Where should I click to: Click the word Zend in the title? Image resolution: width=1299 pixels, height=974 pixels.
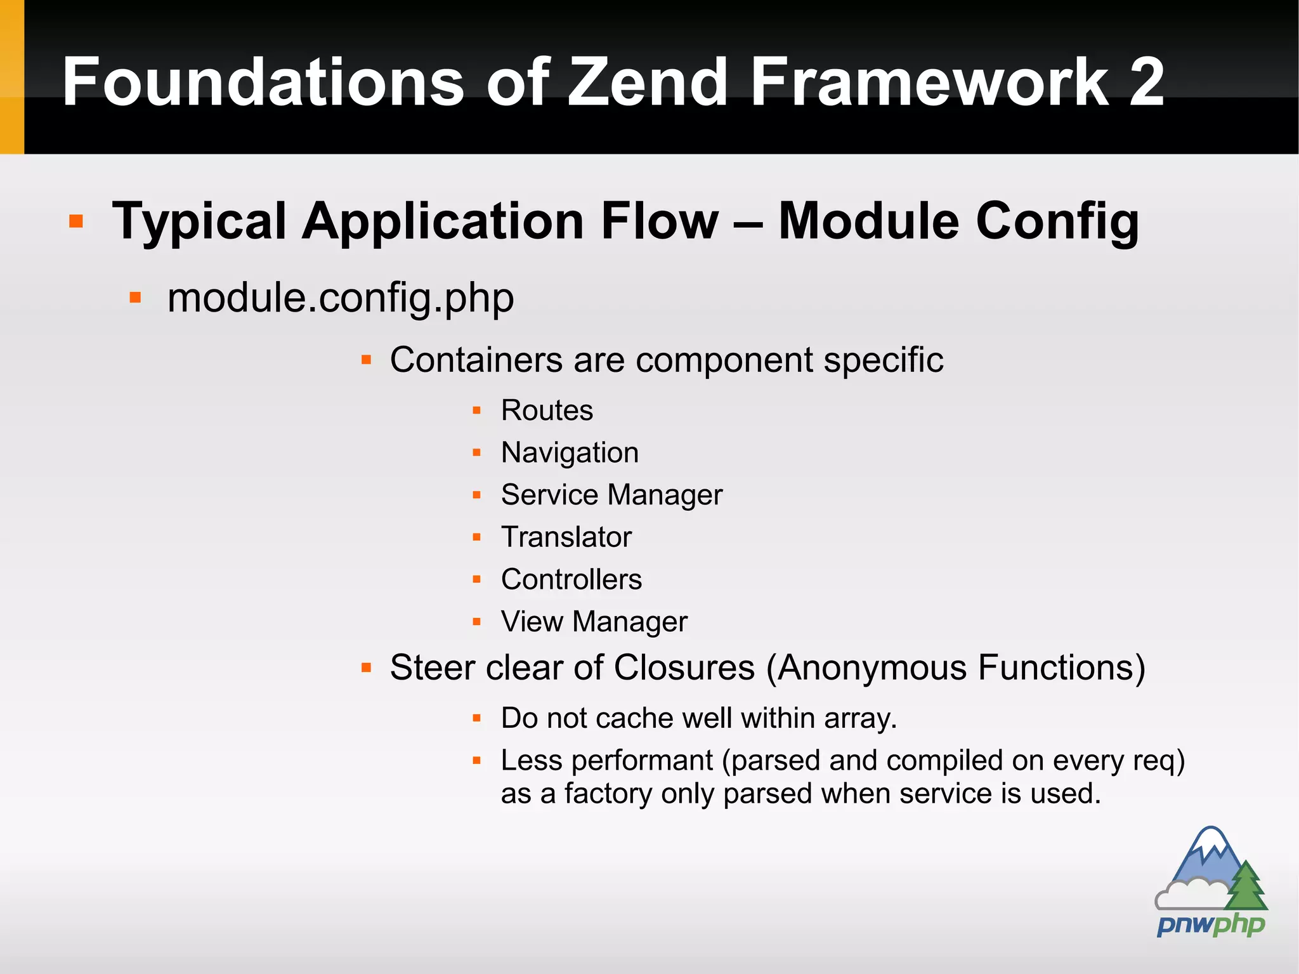[x=647, y=82]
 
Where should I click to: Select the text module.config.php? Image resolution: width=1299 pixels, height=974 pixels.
[x=340, y=298]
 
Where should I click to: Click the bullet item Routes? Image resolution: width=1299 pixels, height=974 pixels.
[x=547, y=411]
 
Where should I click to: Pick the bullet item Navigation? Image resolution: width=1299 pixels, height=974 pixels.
[x=570, y=453]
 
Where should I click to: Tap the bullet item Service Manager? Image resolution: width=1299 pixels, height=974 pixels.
[x=611, y=495]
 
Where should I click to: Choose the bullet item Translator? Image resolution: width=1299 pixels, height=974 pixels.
[x=566, y=537]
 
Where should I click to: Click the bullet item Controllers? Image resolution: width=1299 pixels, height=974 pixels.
[x=571, y=579]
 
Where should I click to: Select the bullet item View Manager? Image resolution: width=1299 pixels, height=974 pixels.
[x=594, y=622]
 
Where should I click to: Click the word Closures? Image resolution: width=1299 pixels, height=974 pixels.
[x=684, y=668]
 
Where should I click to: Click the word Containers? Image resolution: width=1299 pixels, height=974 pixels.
[x=476, y=360]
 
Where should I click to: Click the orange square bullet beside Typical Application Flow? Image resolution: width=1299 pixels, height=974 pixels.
[x=76, y=221]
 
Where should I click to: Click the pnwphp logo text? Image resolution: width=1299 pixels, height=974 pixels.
[x=1210, y=925]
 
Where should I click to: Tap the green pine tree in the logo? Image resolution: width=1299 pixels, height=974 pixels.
[x=1246, y=887]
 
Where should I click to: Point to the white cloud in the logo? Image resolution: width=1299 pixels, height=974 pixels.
[x=1189, y=893]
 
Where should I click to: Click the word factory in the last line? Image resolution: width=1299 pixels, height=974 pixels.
[x=608, y=794]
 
